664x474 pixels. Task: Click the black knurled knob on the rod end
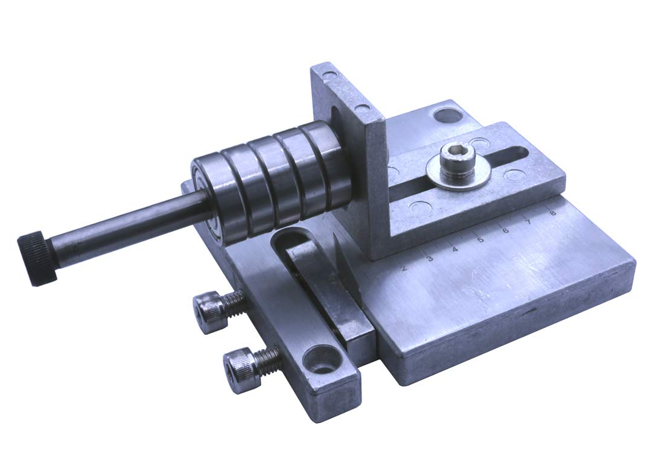[x=37, y=258]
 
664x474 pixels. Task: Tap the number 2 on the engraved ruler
[x=404, y=267]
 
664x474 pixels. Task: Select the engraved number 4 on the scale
[x=455, y=249]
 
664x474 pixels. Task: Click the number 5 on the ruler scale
[x=480, y=239]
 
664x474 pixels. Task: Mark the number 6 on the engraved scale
[x=505, y=230]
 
